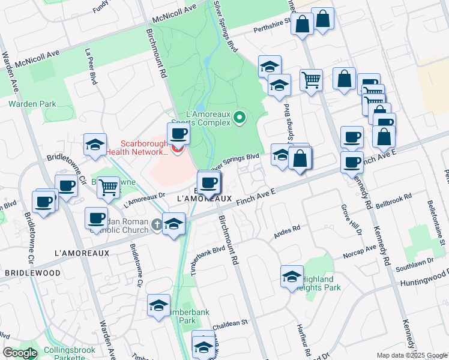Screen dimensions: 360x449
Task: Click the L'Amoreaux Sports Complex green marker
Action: pos(240,117)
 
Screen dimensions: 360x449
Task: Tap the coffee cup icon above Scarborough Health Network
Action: pos(178,133)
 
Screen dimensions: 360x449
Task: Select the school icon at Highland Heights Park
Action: pos(292,276)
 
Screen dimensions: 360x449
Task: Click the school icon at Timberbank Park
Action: pos(158,306)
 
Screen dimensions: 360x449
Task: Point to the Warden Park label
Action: pos(32,104)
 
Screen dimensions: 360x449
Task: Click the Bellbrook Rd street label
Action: pos(393,200)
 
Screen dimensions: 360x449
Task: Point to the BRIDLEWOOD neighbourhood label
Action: pos(33,272)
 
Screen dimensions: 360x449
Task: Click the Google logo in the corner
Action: pos(19,353)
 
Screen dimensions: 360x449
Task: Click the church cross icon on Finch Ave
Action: pos(156,225)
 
